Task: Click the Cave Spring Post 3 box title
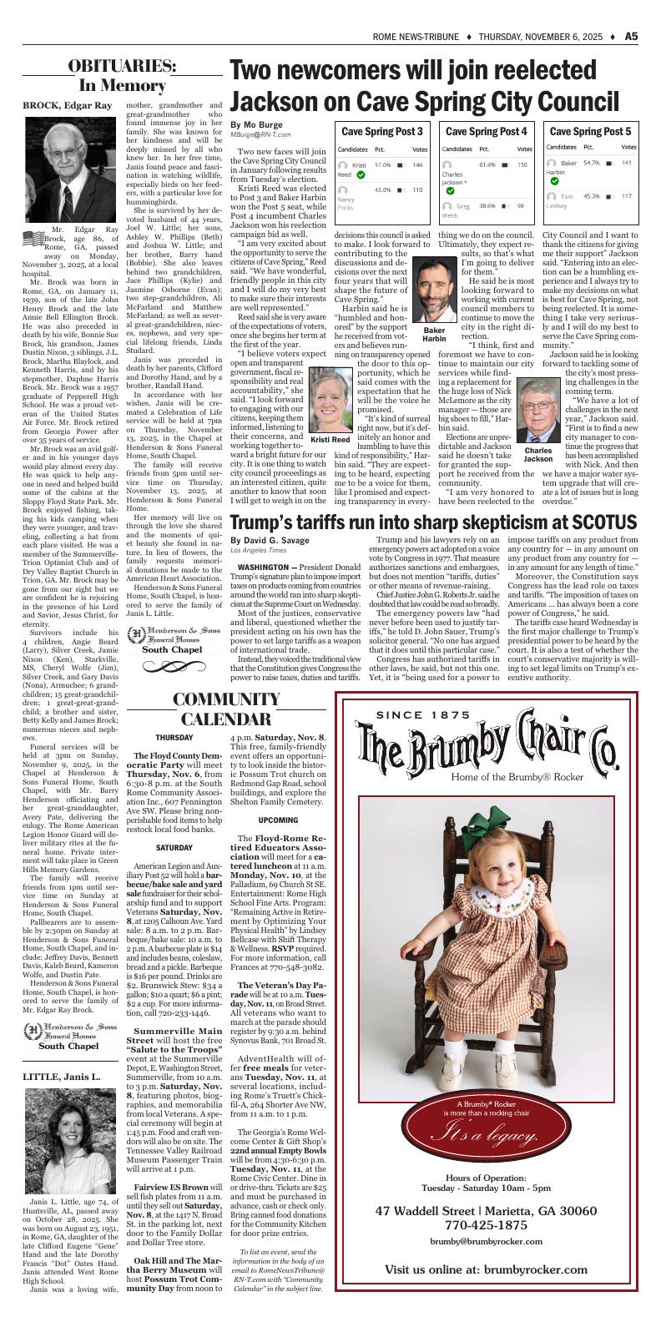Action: pos(381,132)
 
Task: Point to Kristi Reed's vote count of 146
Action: pos(417,165)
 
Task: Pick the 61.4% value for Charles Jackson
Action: pos(487,165)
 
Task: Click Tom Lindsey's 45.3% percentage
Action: pos(591,196)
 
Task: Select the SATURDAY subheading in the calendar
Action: pos(174,848)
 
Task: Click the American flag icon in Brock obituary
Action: pos(33,237)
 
